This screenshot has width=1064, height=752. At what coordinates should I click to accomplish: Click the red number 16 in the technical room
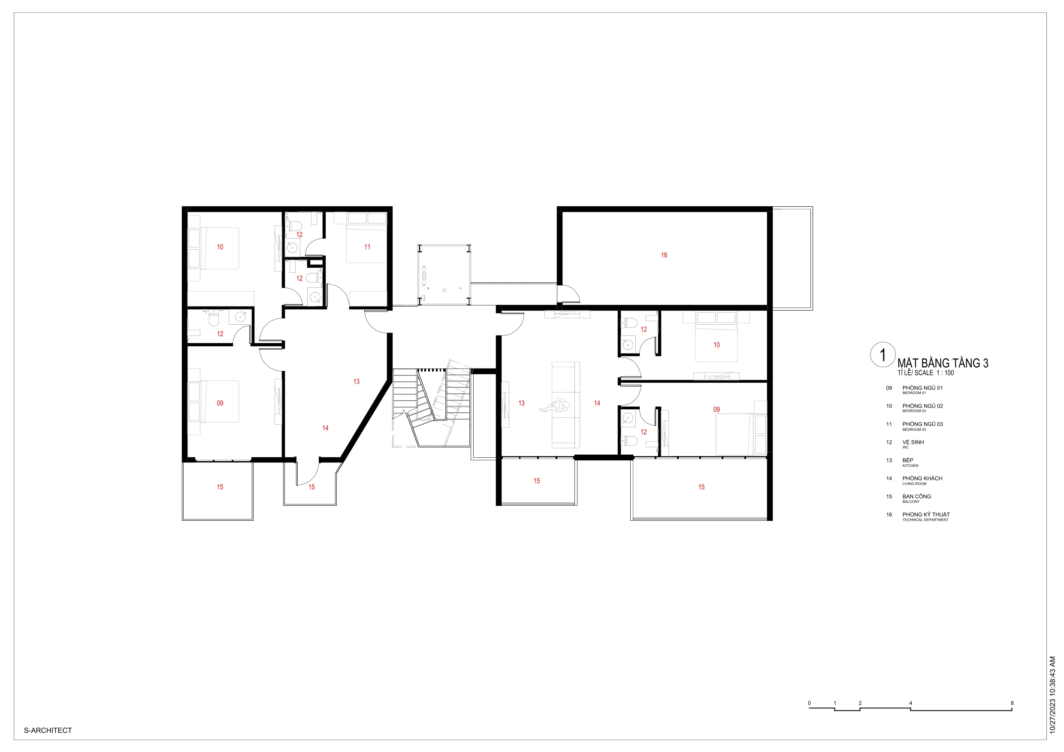tap(664, 255)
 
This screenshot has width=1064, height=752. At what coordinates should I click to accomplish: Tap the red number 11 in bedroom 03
tap(367, 247)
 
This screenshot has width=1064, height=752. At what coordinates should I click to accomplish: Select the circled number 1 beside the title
tap(883, 355)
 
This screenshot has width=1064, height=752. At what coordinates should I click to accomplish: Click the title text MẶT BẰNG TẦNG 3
tap(943, 363)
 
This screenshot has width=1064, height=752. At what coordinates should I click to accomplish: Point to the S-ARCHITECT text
tap(48, 730)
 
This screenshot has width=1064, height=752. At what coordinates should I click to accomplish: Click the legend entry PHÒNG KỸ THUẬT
tap(926, 514)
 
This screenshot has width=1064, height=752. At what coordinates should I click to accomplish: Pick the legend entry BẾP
tap(908, 460)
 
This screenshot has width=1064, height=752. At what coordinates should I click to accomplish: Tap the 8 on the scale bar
tap(1012, 703)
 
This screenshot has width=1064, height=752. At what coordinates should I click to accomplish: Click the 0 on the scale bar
tap(810, 703)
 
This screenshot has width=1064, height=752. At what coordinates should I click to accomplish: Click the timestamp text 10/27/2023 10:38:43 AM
tap(1052, 695)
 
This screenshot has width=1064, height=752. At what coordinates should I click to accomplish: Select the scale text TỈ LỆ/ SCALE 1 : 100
tap(925, 373)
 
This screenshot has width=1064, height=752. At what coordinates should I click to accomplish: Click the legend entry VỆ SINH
tap(913, 442)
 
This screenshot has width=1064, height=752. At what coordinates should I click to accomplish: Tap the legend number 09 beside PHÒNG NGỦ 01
tap(889, 388)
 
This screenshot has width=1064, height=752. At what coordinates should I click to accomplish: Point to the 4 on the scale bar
tap(910, 703)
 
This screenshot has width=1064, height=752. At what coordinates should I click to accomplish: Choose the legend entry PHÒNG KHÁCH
tap(922, 478)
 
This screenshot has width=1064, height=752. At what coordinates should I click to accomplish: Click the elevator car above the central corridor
tap(444, 275)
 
